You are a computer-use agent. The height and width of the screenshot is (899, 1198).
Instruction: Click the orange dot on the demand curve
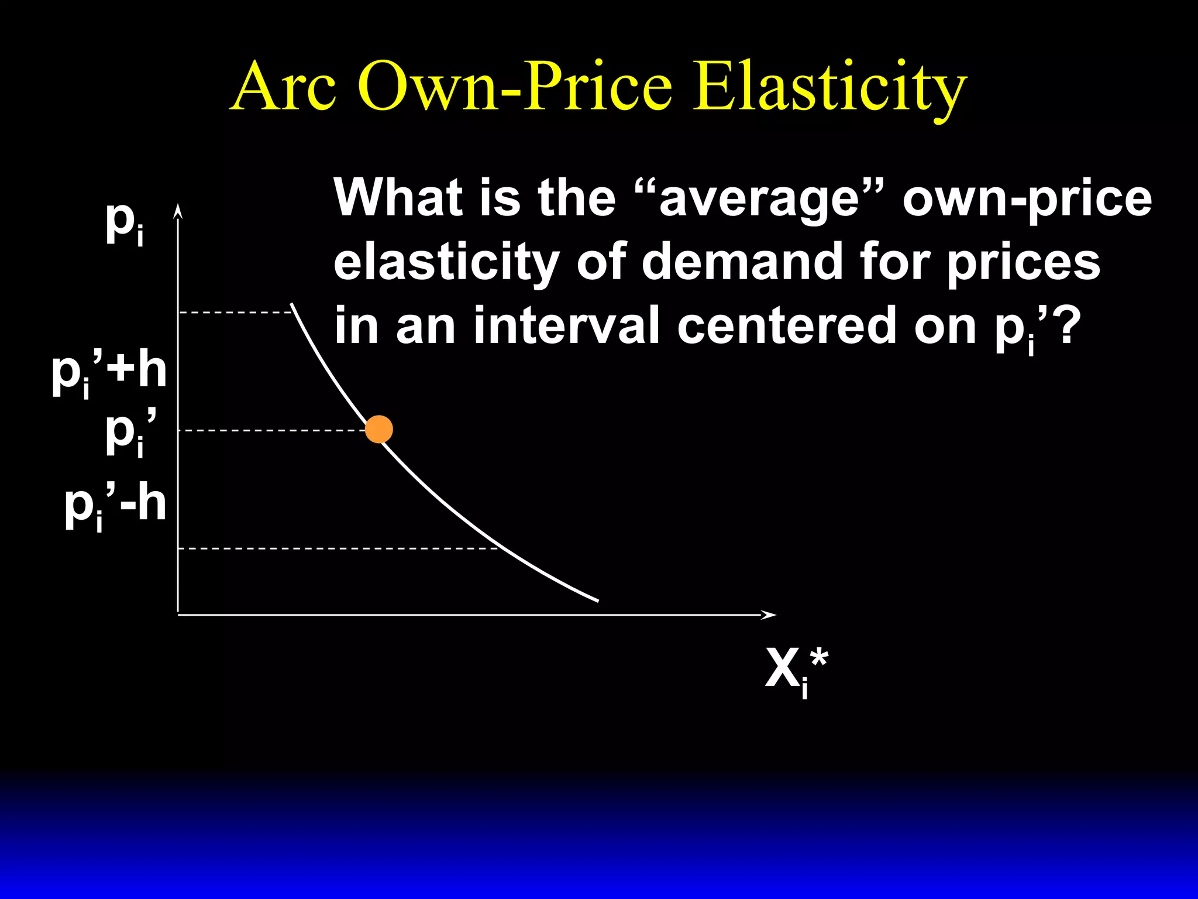point(378,430)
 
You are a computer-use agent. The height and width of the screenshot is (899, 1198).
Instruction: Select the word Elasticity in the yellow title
point(829,88)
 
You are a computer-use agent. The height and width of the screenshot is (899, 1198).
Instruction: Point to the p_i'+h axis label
point(109,373)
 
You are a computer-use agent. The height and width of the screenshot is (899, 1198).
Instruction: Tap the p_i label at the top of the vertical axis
point(125,224)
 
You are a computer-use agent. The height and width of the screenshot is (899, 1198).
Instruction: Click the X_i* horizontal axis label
point(796,671)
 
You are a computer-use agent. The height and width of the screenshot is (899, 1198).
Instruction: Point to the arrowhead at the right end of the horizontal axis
point(769,615)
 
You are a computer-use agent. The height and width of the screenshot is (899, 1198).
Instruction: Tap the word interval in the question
point(567,325)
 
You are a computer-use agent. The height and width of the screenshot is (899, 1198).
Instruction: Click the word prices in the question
point(1023,262)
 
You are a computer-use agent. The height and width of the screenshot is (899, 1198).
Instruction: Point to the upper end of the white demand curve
point(292,305)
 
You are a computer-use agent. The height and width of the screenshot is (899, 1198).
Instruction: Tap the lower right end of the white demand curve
point(597,600)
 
